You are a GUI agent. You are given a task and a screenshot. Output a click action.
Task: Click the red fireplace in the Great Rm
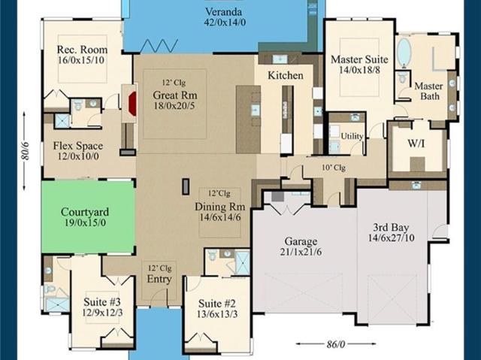[132, 103]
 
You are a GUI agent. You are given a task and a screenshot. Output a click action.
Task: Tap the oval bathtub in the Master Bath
[404, 53]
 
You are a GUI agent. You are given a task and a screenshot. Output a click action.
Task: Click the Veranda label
[224, 12]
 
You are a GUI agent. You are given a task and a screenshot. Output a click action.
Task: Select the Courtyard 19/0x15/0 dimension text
[85, 223]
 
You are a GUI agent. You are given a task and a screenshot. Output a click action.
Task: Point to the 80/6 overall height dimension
[25, 150]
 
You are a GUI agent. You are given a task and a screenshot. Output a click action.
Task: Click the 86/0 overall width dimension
[336, 344]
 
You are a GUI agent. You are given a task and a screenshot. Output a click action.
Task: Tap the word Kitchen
[286, 75]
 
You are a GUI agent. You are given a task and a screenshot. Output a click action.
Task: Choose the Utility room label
[352, 136]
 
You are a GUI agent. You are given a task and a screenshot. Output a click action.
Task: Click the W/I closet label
[416, 144]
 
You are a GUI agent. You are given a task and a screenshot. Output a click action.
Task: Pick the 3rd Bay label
[391, 228]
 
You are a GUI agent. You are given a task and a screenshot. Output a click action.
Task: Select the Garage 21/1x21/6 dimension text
[301, 252]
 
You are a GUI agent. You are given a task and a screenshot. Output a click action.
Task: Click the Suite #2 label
[217, 304]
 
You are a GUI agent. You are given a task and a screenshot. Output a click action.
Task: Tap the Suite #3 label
[102, 301]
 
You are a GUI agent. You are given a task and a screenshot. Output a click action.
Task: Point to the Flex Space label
[78, 146]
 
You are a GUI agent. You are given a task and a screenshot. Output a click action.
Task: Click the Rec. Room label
[82, 50]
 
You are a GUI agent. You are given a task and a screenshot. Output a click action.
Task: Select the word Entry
[159, 279]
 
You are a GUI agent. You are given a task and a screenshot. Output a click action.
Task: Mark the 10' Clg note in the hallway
[334, 168]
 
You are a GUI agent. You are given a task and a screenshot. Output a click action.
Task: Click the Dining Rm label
[220, 207]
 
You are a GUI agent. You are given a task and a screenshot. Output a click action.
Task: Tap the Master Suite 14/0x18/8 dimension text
[359, 70]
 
